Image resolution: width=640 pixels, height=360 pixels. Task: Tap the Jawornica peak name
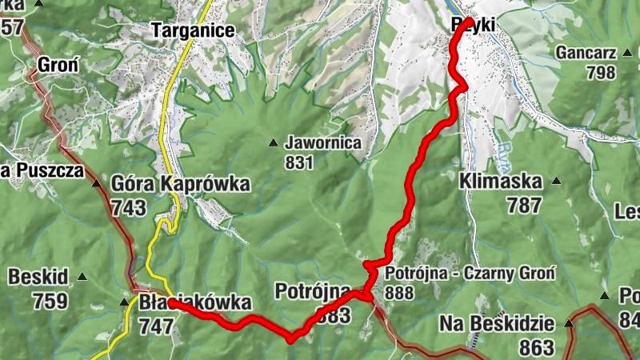click(322, 143)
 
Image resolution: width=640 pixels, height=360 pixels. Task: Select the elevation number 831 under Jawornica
click(298, 162)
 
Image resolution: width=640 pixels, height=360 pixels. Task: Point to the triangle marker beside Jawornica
click(274, 143)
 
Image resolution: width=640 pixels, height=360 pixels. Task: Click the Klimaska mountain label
click(501, 182)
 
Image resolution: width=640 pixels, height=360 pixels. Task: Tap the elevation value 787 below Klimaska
click(524, 205)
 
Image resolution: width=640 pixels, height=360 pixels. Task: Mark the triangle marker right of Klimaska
click(556, 181)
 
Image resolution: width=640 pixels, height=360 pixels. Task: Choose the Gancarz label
click(587, 53)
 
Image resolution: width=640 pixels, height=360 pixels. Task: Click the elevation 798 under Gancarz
click(601, 73)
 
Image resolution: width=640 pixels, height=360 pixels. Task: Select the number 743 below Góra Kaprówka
click(130, 209)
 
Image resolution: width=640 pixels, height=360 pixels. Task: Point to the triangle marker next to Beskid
click(82, 277)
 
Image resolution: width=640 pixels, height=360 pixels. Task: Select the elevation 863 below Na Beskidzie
click(537, 346)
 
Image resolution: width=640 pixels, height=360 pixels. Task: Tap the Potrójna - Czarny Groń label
click(469, 273)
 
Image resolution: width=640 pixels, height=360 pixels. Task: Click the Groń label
click(58, 64)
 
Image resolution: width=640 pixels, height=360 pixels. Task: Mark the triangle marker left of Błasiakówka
click(123, 302)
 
